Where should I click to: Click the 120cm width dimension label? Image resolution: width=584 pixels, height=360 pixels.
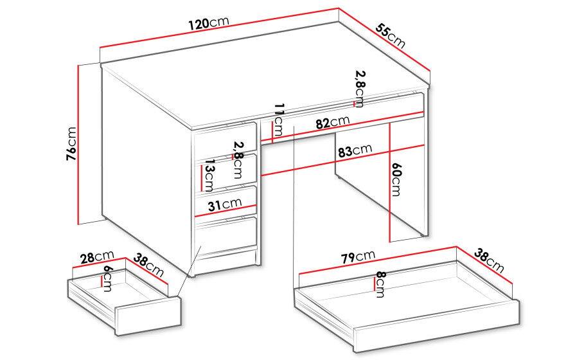[209, 24]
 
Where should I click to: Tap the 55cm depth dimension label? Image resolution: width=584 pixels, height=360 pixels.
[391, 36]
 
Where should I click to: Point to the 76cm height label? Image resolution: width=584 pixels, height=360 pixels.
[71, 144]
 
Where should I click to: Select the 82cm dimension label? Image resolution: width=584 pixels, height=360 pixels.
[333, 122]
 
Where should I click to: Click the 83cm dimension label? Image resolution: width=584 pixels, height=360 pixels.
[355, 150]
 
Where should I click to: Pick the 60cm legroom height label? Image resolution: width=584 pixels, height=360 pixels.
[396, 179]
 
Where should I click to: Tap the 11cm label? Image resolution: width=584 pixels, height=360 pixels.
[279, 120]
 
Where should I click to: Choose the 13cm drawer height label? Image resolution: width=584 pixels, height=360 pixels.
[209, 176]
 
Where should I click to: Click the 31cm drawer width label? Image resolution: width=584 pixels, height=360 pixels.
[225, 204]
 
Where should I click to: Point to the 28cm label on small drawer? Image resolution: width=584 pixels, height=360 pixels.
[98, 257]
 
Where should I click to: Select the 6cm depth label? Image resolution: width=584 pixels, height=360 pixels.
[108, 278]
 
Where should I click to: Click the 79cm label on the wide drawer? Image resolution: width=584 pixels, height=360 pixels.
[358, 256]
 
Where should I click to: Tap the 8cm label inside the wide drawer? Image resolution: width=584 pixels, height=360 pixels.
[380, 284]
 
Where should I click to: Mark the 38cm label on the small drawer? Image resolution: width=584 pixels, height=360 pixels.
[148, 265]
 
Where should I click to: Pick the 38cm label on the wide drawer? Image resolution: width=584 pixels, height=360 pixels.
[489, 261]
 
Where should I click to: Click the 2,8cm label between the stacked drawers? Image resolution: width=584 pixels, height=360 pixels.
[237, 159]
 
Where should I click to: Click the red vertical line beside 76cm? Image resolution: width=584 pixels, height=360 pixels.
[78, 145]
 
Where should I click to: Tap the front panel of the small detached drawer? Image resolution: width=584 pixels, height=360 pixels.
[149, 316]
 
